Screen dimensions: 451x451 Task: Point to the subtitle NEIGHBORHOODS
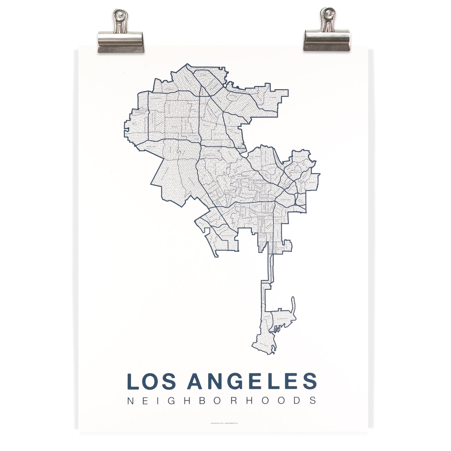222,401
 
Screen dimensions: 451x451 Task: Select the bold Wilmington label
284,320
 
